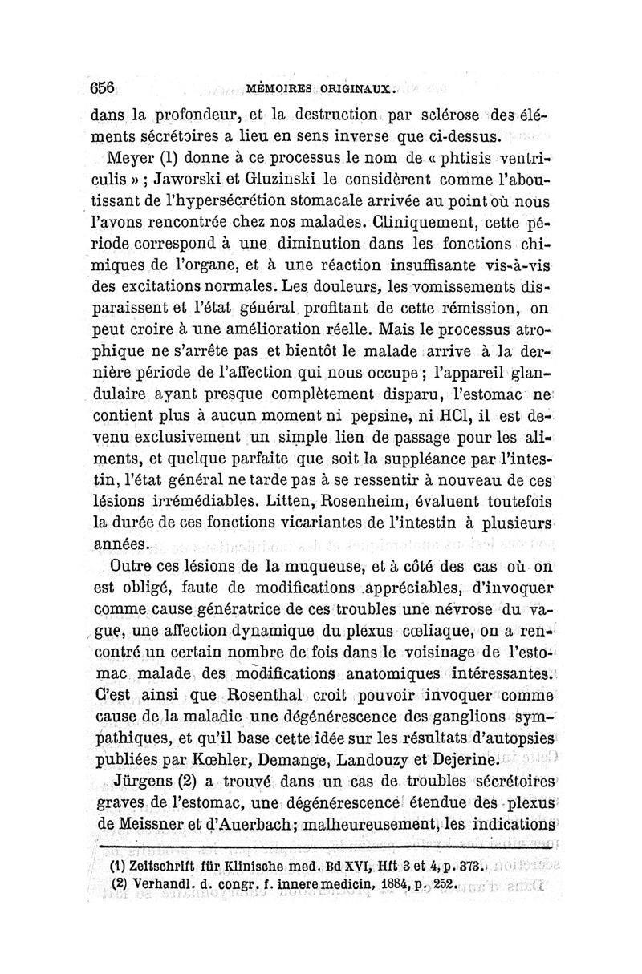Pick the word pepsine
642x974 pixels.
pyautogui.click(x=364, y=416)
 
